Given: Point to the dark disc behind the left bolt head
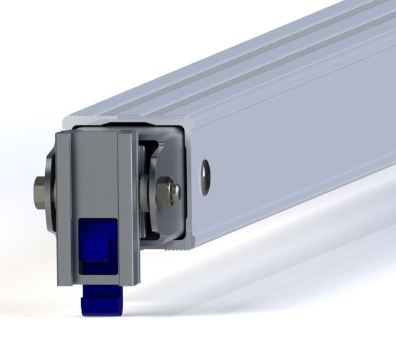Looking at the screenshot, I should pos(52,189).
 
